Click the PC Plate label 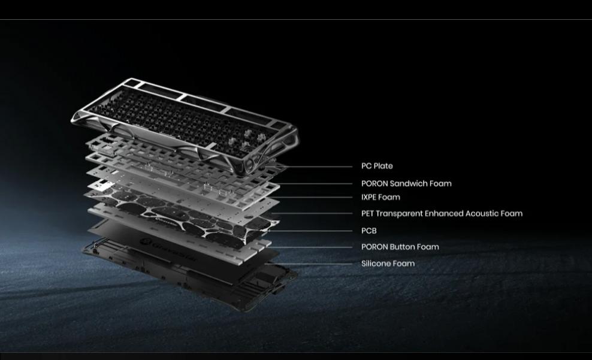tap(377, 166)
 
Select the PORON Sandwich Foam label tap(406, 183)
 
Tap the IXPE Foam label tap(380, 197)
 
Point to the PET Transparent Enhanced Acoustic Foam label tap(442, 214)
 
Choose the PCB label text tap(369, 231)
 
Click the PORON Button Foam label tap(400, 247)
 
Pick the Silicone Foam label tap(388, 264)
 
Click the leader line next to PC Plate tap(314, 167)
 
